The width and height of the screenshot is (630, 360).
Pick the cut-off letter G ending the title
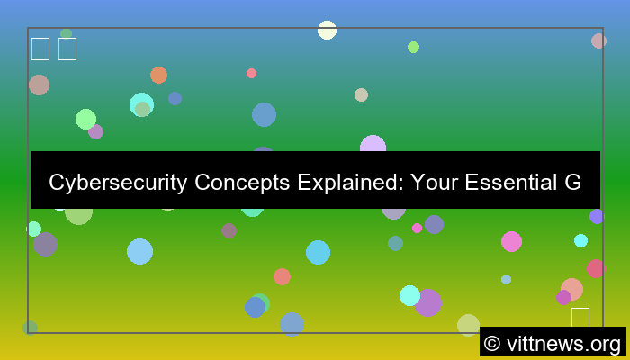click(572, 184)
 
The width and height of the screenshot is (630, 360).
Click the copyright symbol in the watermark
click(492, 343)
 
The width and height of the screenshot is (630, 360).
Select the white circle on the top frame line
click(327, 30)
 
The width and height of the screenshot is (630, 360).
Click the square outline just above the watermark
click(580, 318)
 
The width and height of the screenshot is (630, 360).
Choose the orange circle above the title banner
click(158, 75)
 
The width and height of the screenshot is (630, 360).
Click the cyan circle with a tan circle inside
click(141, 105)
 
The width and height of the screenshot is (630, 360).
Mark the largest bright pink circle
click(511, 241)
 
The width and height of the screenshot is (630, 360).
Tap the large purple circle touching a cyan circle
click(428, 303)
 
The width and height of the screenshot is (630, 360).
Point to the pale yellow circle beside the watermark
click(468, 325)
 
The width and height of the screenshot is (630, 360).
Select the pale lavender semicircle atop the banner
click(373, 144)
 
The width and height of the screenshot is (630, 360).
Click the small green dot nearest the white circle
click(413, 47)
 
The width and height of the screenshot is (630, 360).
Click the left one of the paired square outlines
click(40, 49)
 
